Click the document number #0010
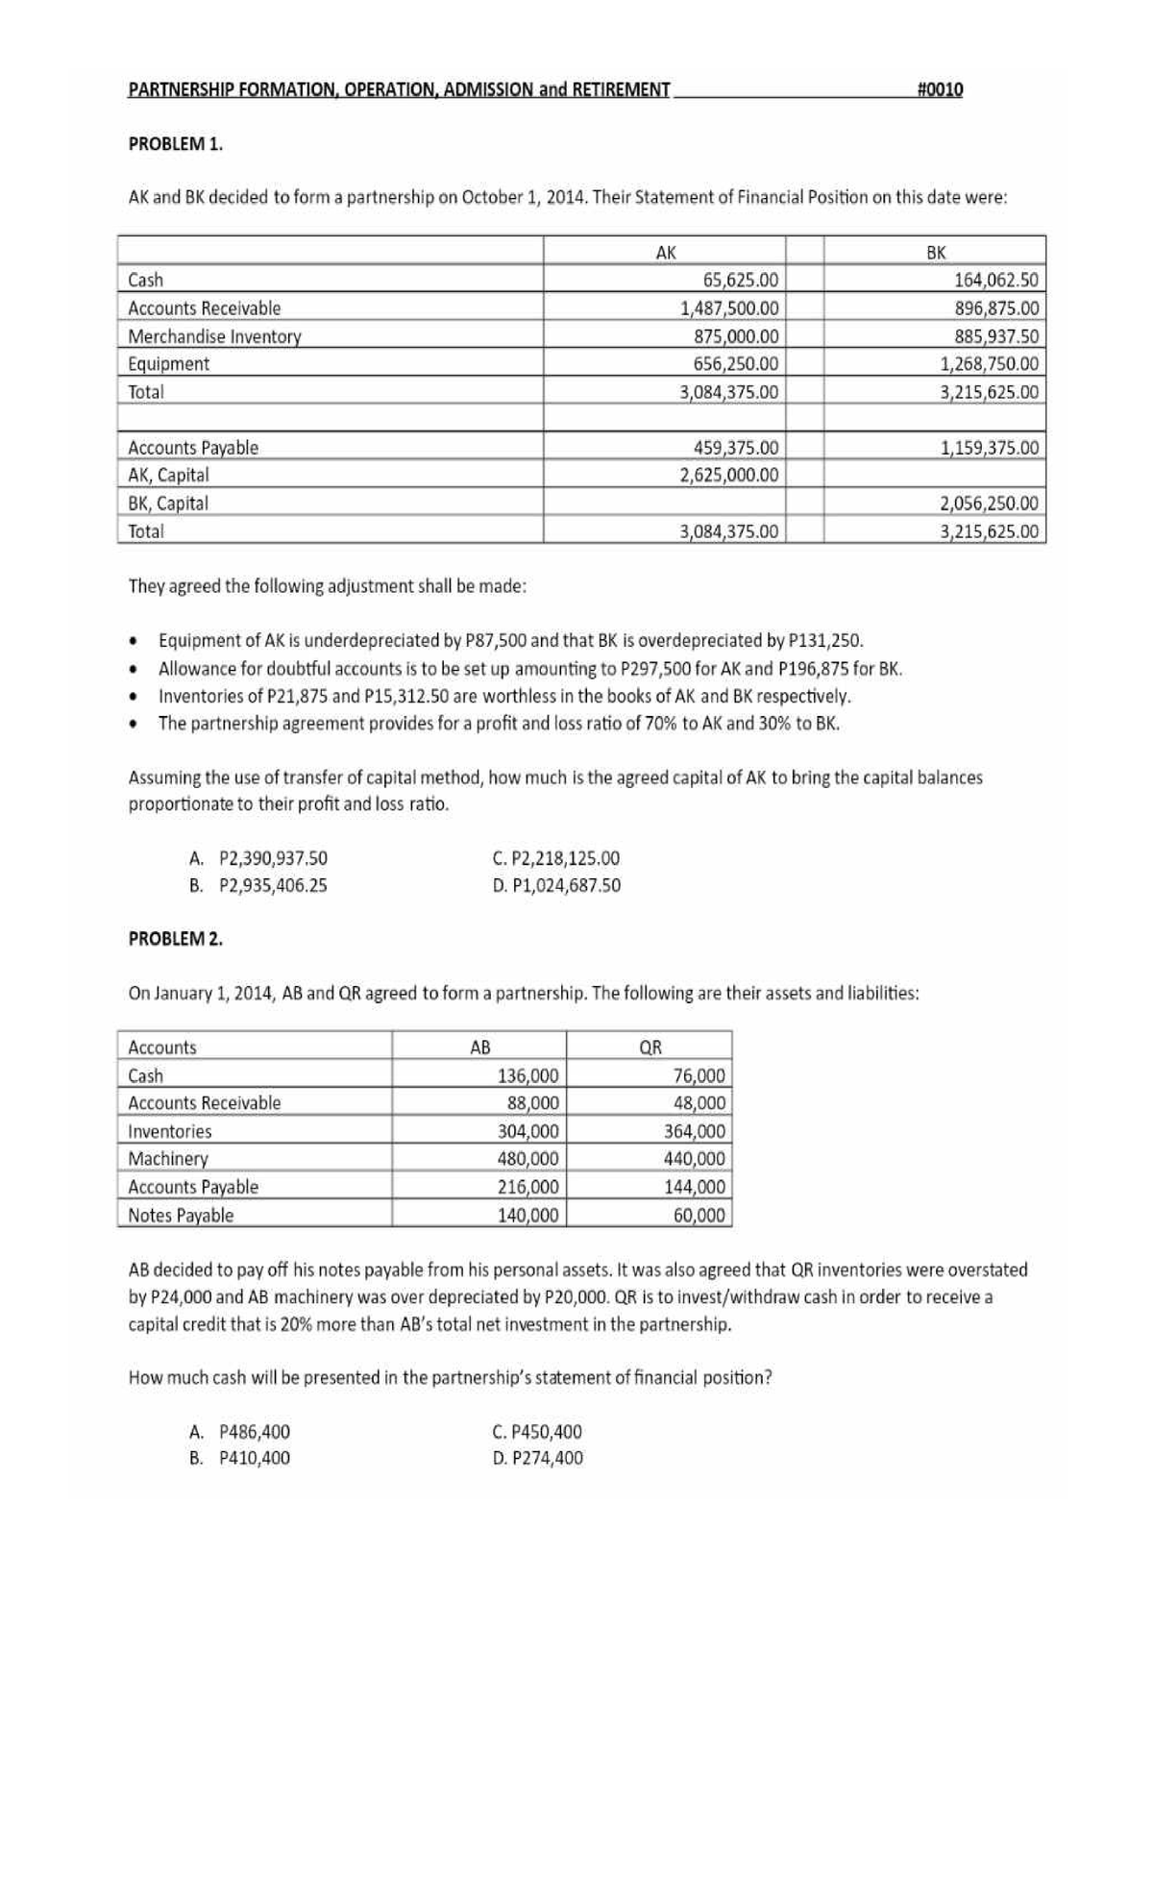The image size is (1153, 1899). (940, 90)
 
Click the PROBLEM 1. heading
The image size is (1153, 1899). (175, 144)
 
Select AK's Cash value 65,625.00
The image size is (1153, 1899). (741, 281)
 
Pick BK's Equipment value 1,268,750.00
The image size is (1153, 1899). (989, 364)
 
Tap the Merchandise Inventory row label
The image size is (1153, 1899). (214, 336)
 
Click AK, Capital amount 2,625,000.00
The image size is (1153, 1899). (728, 475)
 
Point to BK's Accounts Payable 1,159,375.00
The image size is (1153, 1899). (989, 448)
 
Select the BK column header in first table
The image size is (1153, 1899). (935, 253)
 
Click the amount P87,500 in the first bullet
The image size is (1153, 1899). (497, 641)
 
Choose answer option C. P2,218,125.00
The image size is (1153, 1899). (555, 858)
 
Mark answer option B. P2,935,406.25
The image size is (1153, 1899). (258, 885)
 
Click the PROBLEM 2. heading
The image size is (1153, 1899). (175, 939)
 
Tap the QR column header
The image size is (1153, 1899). (650, 1048)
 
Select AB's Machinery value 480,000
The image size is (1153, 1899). (527, 1159)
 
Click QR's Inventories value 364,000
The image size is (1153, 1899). (695, 1131)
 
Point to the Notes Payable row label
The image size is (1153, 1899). (181, 1215)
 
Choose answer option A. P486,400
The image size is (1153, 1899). (240, 1432)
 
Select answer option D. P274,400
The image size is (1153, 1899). (537, 1458)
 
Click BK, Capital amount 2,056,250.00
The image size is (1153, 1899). (989, 503)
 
